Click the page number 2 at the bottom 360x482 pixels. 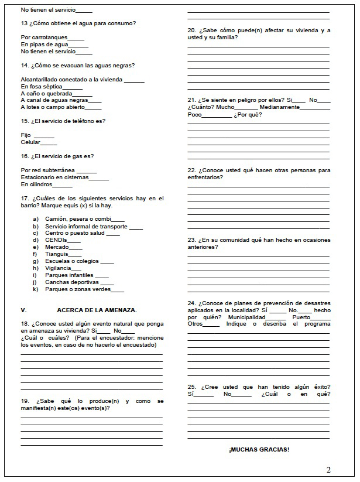point(328,469)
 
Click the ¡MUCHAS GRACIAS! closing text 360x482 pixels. point(259,449)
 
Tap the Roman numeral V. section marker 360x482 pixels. point(23,309)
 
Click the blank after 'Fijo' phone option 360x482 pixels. point(44,135)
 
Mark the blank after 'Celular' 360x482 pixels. point(49,142)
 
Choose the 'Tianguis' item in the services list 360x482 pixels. point(56,254)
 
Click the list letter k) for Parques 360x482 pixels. point(35,289)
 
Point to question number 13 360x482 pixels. point(24,23)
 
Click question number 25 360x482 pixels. point(192,387)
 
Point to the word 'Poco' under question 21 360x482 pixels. point(194,114)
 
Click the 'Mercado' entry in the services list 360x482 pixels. point(57,247)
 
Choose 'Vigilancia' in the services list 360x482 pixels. point(58,268)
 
